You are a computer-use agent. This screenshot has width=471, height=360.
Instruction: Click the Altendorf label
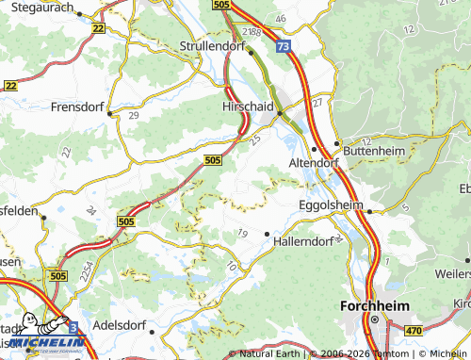(292, 162)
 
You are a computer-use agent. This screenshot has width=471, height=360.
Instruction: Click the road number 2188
(252, 32)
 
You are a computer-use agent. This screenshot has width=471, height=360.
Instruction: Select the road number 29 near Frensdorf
(133, 114)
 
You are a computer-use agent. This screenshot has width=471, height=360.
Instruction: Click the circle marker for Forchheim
(373, 320)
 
